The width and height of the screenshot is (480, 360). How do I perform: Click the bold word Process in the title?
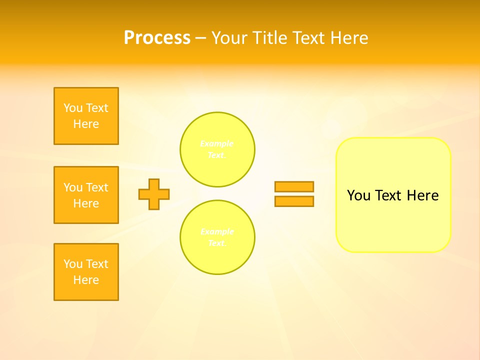pyautogui.click(x=157, y=38)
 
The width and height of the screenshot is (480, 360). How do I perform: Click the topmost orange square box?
pyautogui.click(x=86, y=116)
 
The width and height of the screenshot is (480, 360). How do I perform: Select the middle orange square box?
pyautogui.click(x=86, y=195)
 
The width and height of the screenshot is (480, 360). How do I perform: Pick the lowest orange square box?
pyautogui.click(x=86, y=272)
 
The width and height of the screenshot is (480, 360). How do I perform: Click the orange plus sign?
pyautogui.click(x=154, y=194)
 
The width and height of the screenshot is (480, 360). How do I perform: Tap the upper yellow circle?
pyautogui.click(x=217, y=149)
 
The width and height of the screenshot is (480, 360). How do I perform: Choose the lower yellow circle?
pyautogui.click(x=217, y=237)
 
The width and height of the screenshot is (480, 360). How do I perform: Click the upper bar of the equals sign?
pyautogui.click(x=294, y=186)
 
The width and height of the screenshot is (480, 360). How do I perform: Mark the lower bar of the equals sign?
pyautogui.click(x=294, y=201)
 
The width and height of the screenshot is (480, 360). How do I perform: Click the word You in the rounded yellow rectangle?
pyautogui.click(x=359, y=195)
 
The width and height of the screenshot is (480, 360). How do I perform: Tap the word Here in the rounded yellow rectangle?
pyautogui.click(x=422, y=195)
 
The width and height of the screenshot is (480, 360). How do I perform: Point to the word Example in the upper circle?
pyautogui.click(x=217, y=143)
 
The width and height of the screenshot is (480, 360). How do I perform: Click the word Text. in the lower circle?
pyautogui.click(x=217, y=243)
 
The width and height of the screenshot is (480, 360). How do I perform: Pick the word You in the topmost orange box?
pyautogui.click(x=73, y=108)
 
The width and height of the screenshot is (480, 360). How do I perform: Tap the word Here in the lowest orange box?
pyautogui.click(x=86, y=280)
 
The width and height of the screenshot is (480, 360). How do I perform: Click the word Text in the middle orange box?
pyautogui.click(x=96, y=187)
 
